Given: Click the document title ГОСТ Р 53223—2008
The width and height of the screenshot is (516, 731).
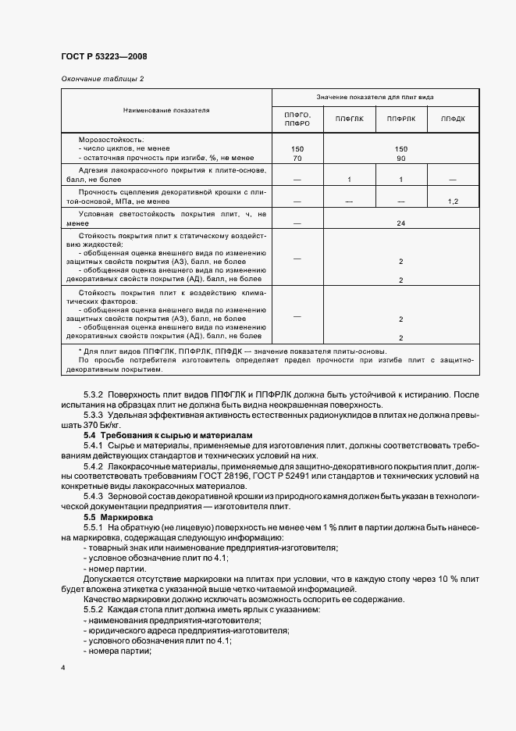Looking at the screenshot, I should (x=103, y=56).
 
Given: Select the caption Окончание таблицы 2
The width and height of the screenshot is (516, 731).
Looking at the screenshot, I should (x=102, y=79).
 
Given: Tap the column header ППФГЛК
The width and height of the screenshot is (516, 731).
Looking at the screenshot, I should (x=349, y=119).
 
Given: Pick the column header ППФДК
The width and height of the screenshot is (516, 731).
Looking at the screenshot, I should (x=453, y=119).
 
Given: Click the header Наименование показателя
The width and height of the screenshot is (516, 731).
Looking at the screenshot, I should (x=165, y=110).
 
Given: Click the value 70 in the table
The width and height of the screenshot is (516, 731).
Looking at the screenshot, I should (x=297, y=158).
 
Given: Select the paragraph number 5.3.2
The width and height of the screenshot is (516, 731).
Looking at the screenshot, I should (x=99, y=394).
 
